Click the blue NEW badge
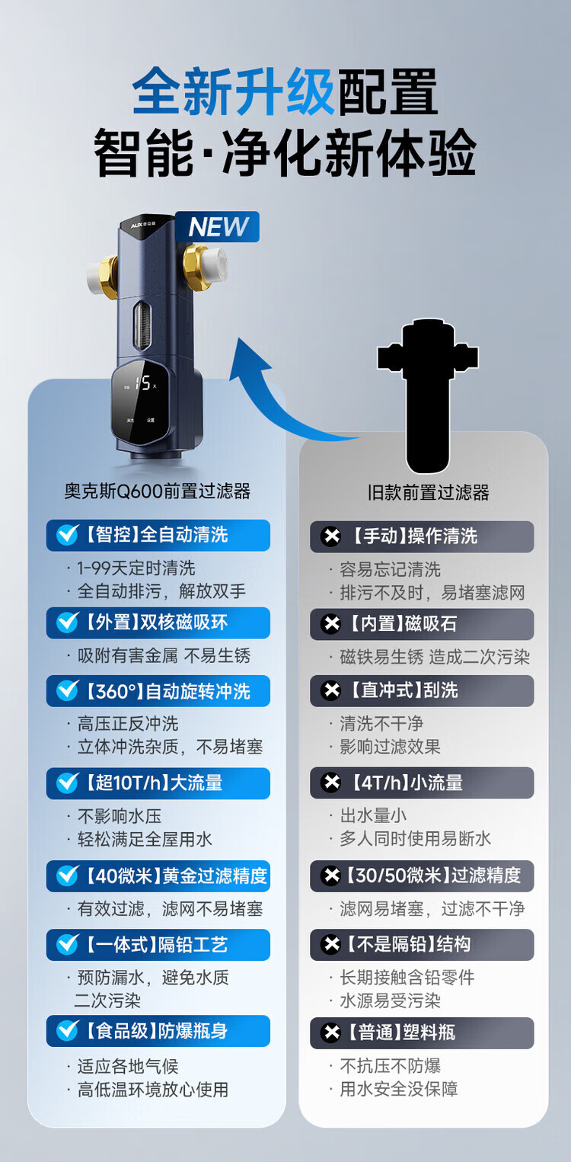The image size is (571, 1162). coord(218,227)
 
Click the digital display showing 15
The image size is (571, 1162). coord(142,383)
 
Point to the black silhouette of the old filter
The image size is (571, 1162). coord(428,392)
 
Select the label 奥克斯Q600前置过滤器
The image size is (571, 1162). coord(157,491)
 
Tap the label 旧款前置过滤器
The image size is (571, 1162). coord(428,493)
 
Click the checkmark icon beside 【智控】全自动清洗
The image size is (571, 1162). coord(67,535)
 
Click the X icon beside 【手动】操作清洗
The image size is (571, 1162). coord(331,536)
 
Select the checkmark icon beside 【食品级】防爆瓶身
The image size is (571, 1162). coord(67,1031)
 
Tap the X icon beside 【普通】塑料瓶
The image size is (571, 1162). coord(331,1033)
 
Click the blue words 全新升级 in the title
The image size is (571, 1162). coord(233,92)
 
